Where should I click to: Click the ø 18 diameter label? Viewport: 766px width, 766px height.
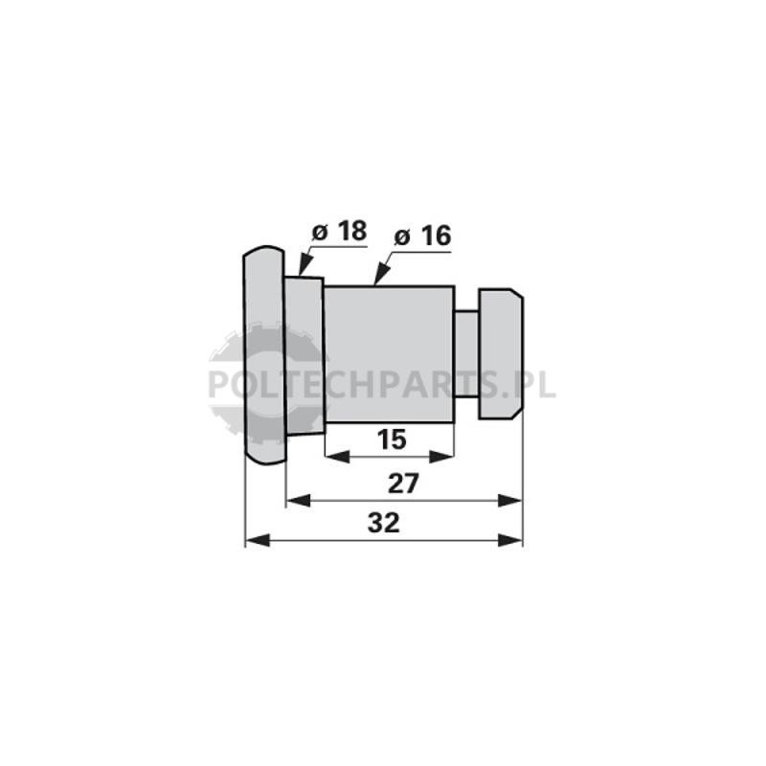[x=339, y=232]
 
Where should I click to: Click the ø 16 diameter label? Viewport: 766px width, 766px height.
[x=423, y=237]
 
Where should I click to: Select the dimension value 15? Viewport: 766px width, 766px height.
[x=392, y=439]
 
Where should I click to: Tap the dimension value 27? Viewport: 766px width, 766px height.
[x=403, y=484]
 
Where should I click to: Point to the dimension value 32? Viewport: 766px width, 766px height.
[x=384, y=523]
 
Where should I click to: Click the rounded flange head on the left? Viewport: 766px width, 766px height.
[x=264, y=355]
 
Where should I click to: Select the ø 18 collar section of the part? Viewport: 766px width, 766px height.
[x=304, y=355]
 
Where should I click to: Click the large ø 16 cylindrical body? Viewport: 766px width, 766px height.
[x=390, y=354]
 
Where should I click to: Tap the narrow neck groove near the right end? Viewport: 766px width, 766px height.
[x=466, y=353]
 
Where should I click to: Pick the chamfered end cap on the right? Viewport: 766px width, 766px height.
[x=501, y=353]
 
